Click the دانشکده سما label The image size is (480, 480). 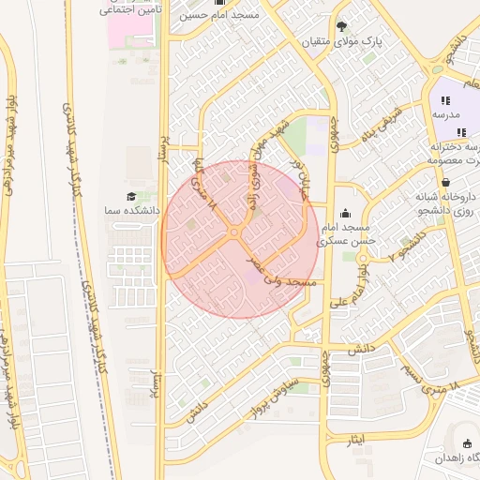[x=130, y=213]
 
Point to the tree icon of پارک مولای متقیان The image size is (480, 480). [x=342, y=25]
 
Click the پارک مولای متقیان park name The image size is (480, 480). [x=343, y=42]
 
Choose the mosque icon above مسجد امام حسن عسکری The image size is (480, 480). [x=346, y=214]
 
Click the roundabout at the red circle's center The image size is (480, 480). [x=233, y=232]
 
